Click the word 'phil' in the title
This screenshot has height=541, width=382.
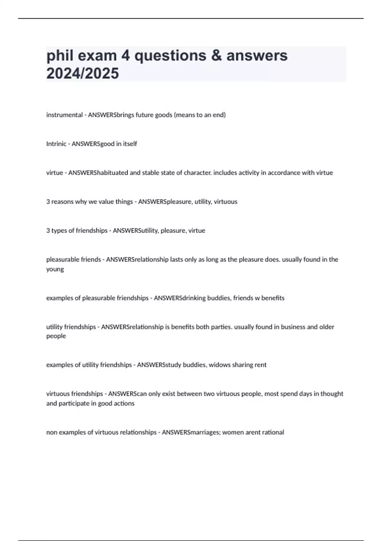point(60,56)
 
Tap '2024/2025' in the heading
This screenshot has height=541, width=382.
point(83,74)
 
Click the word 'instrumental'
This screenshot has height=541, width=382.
point(64,115)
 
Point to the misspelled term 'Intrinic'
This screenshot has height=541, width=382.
point(56,144)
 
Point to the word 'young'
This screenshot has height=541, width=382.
point(55,269)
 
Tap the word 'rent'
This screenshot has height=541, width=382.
point(260,365)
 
